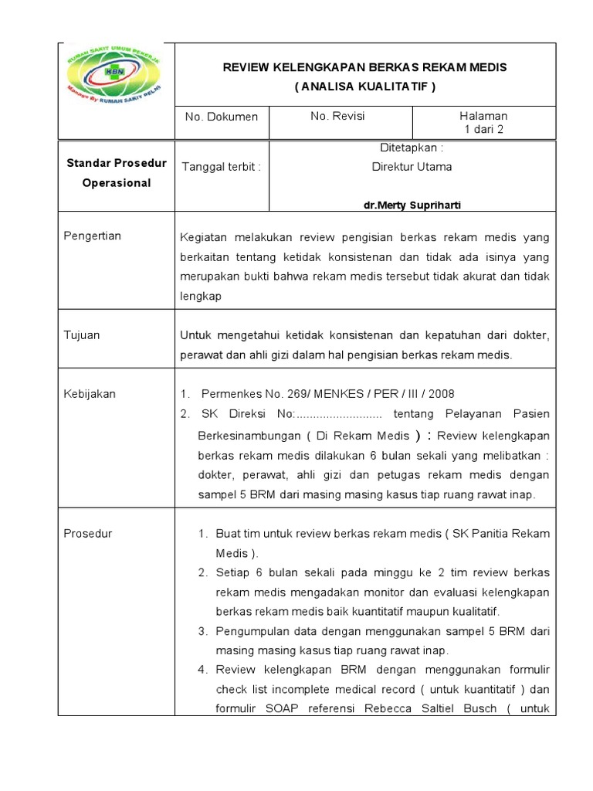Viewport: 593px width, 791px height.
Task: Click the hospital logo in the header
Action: (x=117, y=75)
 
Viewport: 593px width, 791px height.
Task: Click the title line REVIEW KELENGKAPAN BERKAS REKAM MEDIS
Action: (x=365, y=67)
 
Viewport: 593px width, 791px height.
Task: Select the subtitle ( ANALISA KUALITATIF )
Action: (x=365, y=87)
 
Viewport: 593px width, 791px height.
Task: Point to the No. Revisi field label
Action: (x=337, y=116)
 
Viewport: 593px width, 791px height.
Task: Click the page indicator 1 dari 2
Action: (x=483, y=129)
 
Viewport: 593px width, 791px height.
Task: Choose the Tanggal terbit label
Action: (x=221, y=167)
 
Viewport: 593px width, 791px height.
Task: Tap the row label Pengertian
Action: (x=92, y=236)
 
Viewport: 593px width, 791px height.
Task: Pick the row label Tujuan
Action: (x=82, y=335)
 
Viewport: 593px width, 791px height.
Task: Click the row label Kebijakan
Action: (x=89, y=393)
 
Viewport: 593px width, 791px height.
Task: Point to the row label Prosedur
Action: (x=87, y=534)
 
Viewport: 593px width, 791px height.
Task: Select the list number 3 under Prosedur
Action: (x=202, y=631)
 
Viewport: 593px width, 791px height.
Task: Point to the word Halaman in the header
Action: (x=483, y=116)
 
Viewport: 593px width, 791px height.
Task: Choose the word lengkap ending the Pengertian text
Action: (x=200, y=296)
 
